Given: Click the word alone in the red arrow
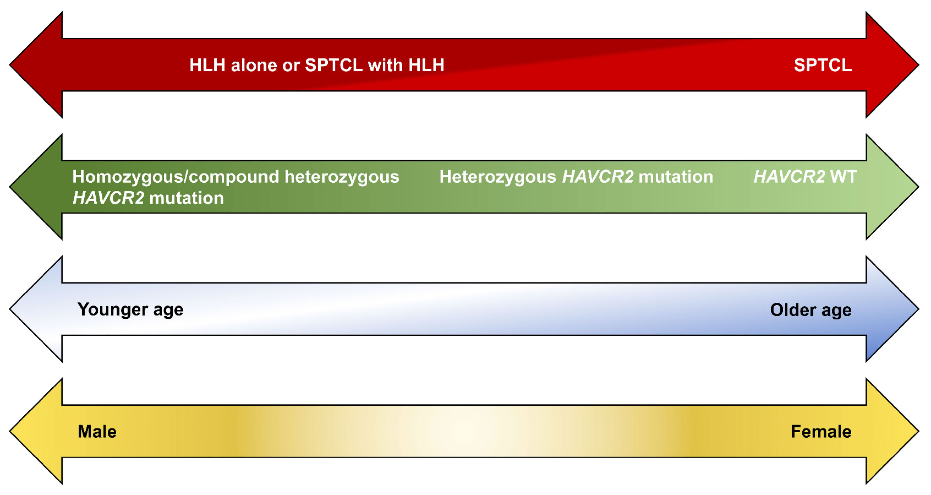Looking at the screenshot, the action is pyautogui.click(x=254, y=66).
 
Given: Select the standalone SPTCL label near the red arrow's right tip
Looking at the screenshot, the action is pyautogui.click(x=823, y=66).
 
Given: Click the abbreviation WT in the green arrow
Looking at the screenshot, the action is pyautogui.click(x=844, y=177).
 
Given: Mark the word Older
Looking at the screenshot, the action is pyautogui.click(x=793, y=311).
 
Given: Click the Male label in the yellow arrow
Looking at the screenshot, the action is pyautogui.click(x=97, y=432).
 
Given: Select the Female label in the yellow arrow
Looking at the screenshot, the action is pyautogui.click(x=822, y=432).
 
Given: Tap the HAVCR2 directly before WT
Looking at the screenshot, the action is pyautogui.click(x=789, y=177).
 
